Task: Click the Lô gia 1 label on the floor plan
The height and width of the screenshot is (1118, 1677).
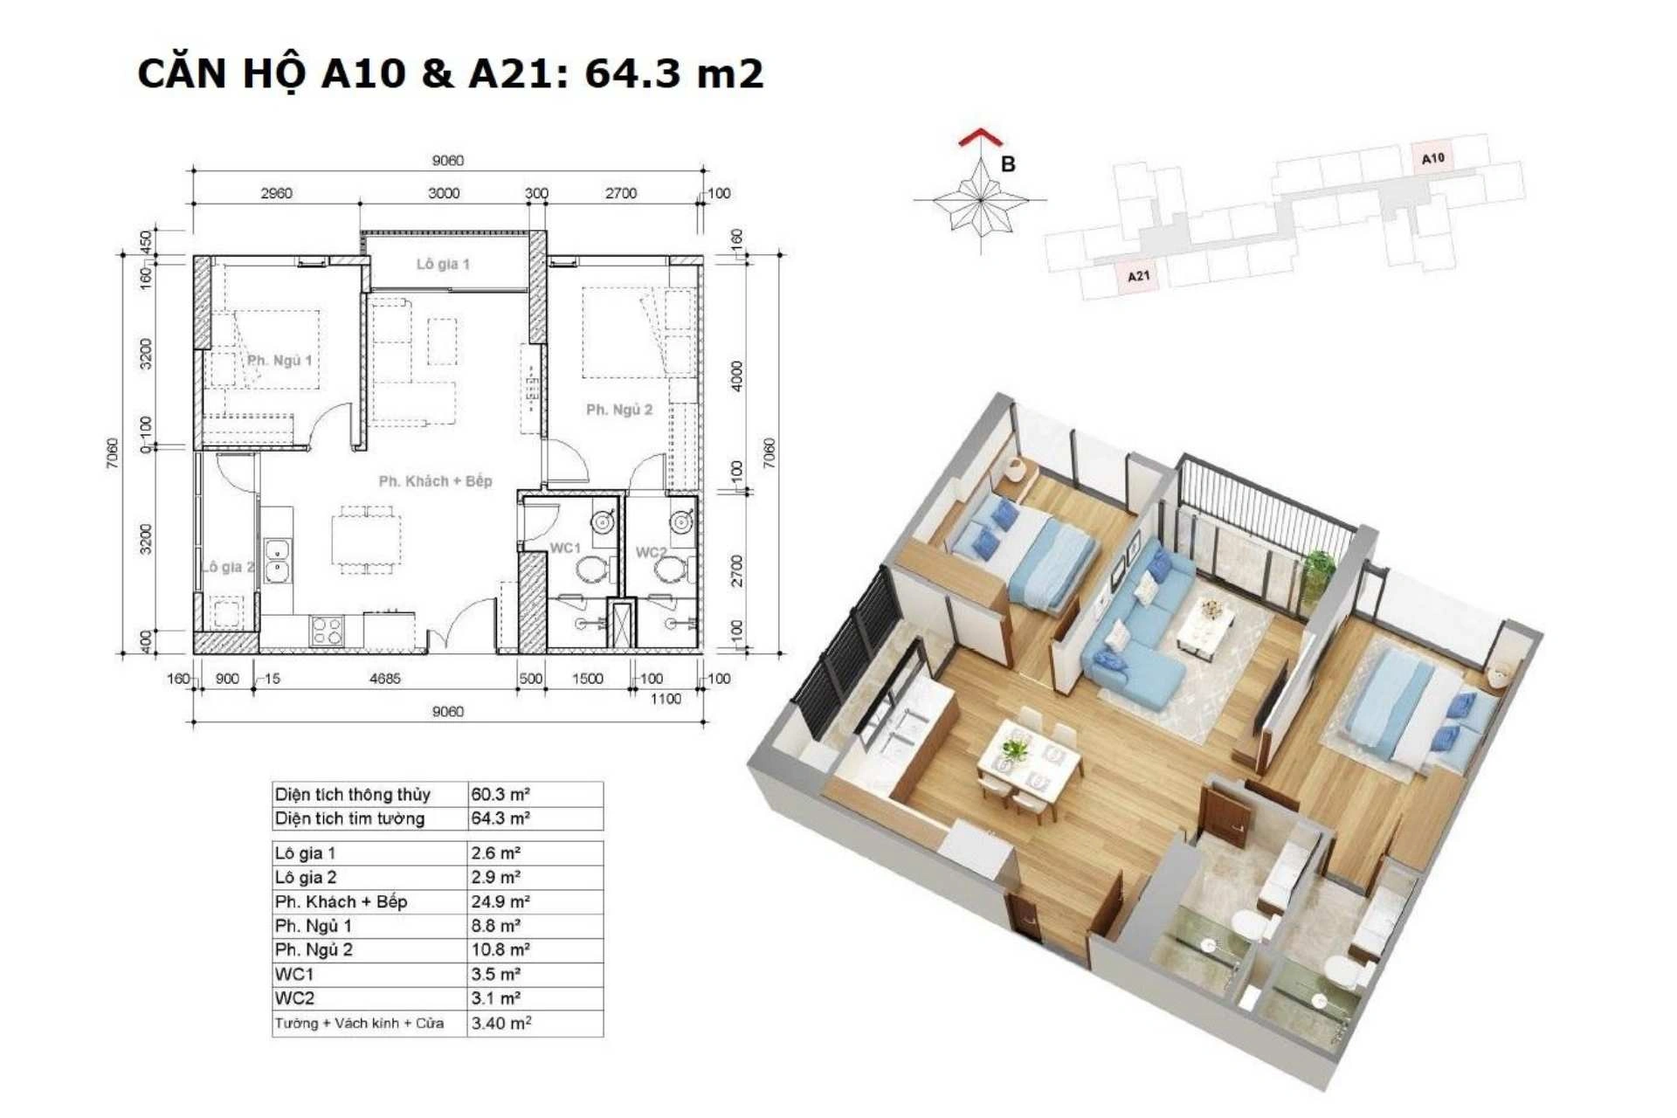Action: click(x=443, y=264)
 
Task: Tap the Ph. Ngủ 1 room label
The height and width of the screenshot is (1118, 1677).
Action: click(x=279, y=360)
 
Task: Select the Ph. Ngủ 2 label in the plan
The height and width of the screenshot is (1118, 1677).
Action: click(x=619, y=409)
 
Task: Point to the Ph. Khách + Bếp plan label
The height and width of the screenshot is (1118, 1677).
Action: click(x=435, y=480)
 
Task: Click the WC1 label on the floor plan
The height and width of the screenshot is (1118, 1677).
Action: click(x=565, y=548)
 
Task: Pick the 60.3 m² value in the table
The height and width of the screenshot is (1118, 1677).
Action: click(x=500, y=794)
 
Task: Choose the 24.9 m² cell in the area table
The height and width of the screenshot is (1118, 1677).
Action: click(x=500, y=901)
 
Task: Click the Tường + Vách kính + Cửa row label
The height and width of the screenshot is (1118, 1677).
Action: click(x=359, y=1023)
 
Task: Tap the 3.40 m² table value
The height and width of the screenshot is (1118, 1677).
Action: click(x=501, y=1023)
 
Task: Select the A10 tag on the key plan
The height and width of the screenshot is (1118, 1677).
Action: click(x=1433, y=159)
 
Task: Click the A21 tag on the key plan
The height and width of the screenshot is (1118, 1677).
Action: click(x=1138, y=276)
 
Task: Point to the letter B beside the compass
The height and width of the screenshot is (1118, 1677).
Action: click(x=1008, y=164)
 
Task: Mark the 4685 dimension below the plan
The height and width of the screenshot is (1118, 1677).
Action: click(x=385, y=678)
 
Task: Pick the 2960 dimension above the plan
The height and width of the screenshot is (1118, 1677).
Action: click(x=276, y=193)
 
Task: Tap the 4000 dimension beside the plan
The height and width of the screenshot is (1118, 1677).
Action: click(x=737, y=376)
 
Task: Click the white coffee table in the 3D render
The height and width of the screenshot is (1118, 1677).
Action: click(x=1206, y=624)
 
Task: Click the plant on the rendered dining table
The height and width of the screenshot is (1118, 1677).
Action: click(x=1015, y=749)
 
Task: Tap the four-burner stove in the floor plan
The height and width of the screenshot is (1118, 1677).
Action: click(x=327, y=630)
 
